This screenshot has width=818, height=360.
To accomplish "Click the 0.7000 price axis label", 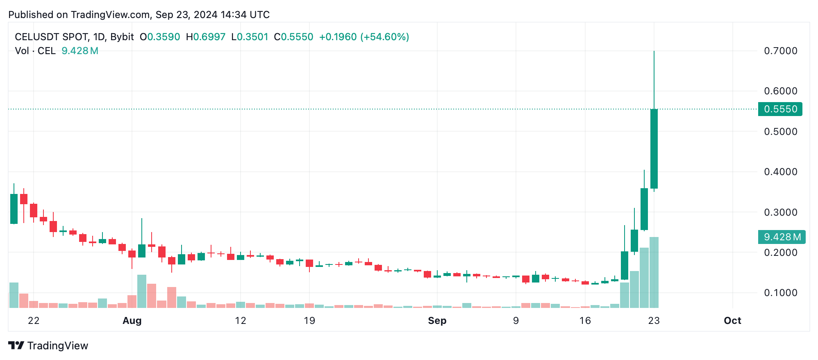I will [x=780, y=51].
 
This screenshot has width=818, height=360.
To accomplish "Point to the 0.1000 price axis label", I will [x=780, y=293].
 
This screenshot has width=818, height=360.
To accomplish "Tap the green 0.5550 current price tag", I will [x=780, y=109].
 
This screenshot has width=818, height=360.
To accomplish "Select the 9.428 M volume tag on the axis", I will [x=782, y=237].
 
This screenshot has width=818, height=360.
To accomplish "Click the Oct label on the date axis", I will [x=732, y=321].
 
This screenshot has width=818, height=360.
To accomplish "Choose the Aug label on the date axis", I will [x=132, y=321].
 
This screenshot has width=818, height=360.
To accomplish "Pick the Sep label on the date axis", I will [x=437, y=321].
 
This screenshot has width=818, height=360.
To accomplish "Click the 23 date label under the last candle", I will [x=654, y=321].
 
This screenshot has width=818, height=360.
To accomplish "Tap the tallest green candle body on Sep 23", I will [x=654, y=148].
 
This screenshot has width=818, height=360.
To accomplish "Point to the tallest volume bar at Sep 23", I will [x=654, y=272].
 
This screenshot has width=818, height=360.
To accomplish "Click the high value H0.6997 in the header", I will [x=206, y=37].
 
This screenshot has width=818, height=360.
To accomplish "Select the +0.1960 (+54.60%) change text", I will [x=364, y=37].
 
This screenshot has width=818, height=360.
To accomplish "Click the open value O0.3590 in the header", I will [x=160, y=37].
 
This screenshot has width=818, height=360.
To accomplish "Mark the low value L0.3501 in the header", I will [x=250, y=37].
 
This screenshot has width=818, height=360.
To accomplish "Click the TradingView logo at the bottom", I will [x=48, y=346].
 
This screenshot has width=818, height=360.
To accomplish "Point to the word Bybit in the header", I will [x=122, y=37].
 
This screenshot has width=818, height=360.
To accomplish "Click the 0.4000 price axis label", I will [x=780, y=172].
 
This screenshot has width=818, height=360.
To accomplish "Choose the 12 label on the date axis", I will [x=241, y=321].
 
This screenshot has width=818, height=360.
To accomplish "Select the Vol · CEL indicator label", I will [x=35, y=51].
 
